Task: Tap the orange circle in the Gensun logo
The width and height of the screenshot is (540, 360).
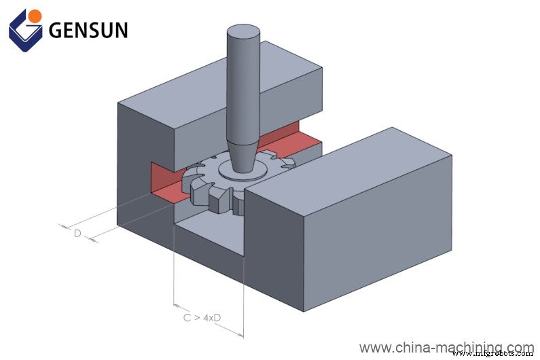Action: click(x=35, y=14)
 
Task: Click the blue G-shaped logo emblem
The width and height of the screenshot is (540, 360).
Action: click(x=25, y=29)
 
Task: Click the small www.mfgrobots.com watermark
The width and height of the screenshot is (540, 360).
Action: click(x=495, y=354)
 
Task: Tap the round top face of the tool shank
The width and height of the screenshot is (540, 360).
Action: click(x=242, y=32)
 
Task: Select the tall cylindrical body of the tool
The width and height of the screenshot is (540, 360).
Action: click(x=242, y=88)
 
